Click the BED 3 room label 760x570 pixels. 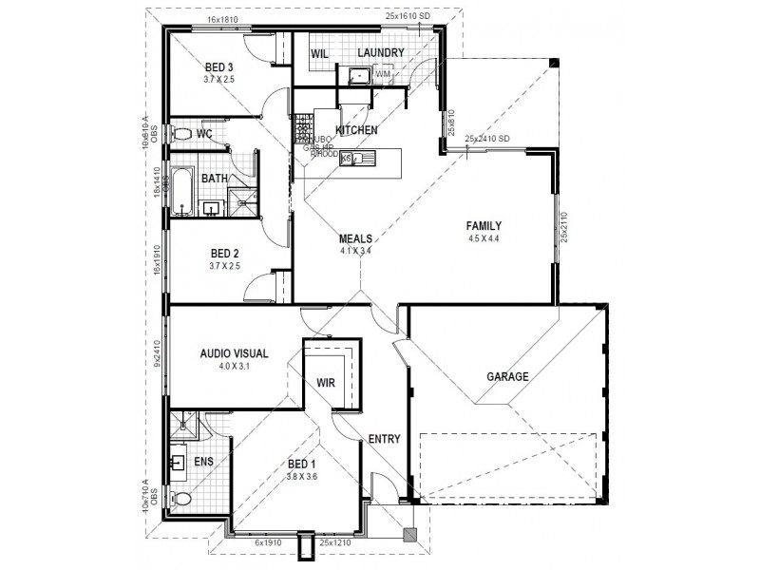[218, 67]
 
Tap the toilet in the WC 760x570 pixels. [182, 134]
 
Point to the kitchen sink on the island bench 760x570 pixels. [363, 159]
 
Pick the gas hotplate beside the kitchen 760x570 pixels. [304, 126]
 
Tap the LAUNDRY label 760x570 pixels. [381, 52]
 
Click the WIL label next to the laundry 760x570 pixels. [320, 54]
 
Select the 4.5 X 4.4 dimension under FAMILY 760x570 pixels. [483, 238]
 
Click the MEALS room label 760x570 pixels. [355, 239]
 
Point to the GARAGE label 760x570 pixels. [507, 376]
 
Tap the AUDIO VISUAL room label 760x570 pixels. [234, 353]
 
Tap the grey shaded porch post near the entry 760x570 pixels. [409, 535]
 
